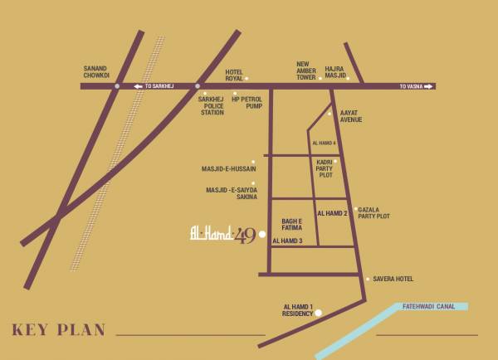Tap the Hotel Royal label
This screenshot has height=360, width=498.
[x=235, y=75]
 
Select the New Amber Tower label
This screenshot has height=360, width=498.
[x=306, y=71]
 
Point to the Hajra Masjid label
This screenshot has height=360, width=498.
[x=335, y=71]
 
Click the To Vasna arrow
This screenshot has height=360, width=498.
[x=416, y=86]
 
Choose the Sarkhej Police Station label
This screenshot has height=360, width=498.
[x=212, y=105]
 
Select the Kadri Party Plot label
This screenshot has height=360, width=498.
[x=325, y=168]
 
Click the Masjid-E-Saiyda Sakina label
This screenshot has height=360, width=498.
[x=232, y=193]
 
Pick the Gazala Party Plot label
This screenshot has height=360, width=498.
[x=373, y=213]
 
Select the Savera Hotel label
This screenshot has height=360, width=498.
[x=393, y=279]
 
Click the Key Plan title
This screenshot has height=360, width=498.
[x=59, y=330]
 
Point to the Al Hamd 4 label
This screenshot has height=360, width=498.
[x=324, y=144]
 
